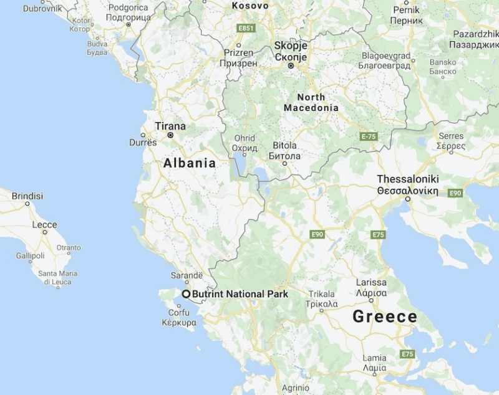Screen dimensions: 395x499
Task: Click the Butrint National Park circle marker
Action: (186, 293)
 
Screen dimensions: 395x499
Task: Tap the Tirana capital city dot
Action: (170, 135)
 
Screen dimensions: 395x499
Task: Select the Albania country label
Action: (190, 163)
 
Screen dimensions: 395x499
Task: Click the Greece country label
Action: (385, 316)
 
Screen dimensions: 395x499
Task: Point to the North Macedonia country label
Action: (311, 103)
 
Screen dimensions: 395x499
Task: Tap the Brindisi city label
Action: (27, 196)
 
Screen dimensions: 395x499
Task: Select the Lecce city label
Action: (44, 225)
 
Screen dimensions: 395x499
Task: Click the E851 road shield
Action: (246, 28)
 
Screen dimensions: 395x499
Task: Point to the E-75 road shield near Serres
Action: (370, 135)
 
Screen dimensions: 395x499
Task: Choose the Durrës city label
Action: (143, 142)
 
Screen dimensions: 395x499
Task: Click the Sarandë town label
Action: (187, 275)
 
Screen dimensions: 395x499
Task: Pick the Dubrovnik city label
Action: (43, 9)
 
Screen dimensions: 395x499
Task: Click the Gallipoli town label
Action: (31, 255)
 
